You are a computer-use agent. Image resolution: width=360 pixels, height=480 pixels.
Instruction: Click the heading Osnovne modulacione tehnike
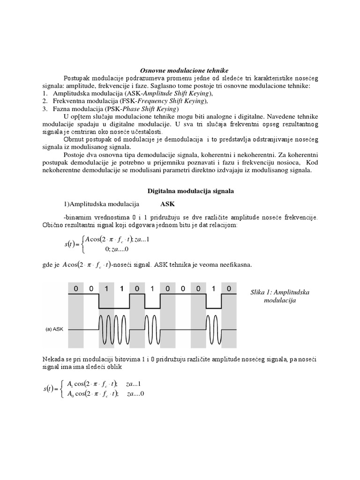(x=180, y=70)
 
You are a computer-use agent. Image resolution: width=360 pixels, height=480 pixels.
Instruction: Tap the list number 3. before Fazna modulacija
(x=45, y=108)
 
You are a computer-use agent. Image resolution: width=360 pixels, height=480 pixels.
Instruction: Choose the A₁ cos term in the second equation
(x=77, y=384)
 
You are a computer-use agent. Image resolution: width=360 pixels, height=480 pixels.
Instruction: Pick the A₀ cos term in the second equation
(x=77, y=393)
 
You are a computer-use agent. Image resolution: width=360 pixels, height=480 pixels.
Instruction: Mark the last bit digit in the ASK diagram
(x=228, y=288)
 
